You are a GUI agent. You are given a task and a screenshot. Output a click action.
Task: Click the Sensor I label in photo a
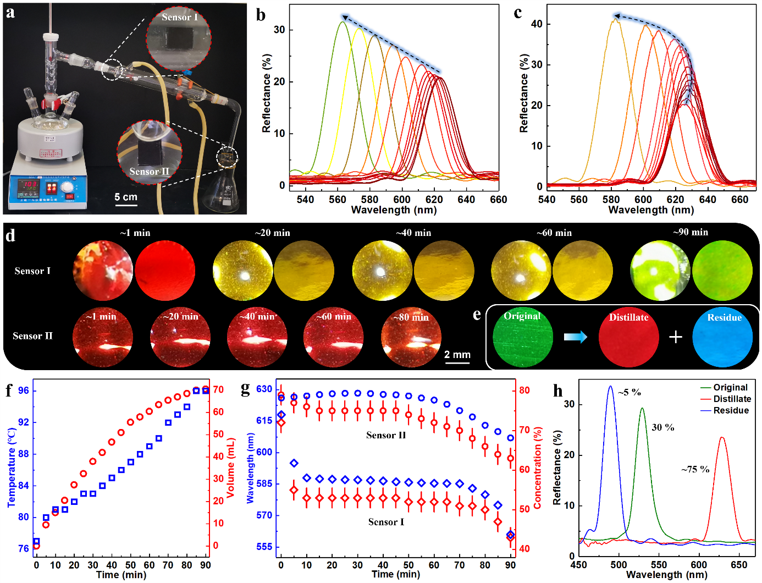click(x=179, y=18)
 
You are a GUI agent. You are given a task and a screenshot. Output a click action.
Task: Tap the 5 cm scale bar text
click(x=126, y=197)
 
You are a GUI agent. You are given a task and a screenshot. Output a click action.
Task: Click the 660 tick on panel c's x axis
click(x=740, y=199)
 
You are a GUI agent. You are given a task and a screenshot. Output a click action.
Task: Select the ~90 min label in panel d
click(x=691, y=232)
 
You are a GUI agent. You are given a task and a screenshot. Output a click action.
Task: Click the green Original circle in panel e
click(x=522, y=337)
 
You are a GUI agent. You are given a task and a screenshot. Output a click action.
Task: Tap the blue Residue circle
click(x=722, y=337)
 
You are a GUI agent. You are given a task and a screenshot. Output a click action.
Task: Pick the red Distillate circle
click(x=628, y=337)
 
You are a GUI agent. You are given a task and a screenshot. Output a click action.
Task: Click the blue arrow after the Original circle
click(x=576, y=337)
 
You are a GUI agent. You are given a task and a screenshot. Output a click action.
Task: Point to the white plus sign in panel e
click(x=675, y=337)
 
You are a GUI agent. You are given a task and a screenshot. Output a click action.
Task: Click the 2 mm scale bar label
click(x=457, y=355)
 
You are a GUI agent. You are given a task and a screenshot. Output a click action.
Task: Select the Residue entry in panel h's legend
click(x=731, y=410)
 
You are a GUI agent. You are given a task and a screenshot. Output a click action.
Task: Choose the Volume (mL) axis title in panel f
click(x=231, y=468)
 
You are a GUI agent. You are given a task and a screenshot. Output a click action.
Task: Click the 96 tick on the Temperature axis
click(x=24, y=391)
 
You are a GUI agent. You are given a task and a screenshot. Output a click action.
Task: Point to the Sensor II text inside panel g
click(x=386, y=435)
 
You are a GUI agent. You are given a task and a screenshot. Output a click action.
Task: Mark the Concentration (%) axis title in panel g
click(x=538, y=468)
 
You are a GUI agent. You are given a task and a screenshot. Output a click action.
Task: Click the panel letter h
click(x=558, y=391)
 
